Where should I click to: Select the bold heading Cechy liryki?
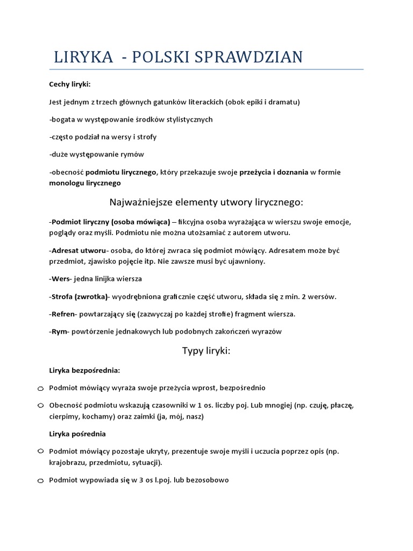pyautogui.click(x=70, y=84)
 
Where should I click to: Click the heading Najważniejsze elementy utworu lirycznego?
pyautogui.click(x=206, y=202)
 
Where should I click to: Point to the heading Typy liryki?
pyautogui.click(x=206, y=351)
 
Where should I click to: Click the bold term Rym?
pyautogui.click(x=60, y=331)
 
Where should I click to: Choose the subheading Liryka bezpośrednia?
pyautogui.click(x=84, y=370)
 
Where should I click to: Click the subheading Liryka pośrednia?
pyautogui.click(x=77, y=433)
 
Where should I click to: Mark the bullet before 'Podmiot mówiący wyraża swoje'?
pyautogui.click(x=41, y=388)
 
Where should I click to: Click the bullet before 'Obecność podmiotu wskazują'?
pyautogui.click(x=41, y=405)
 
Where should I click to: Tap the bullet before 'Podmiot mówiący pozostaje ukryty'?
pyautogui.click(x=41, y=451)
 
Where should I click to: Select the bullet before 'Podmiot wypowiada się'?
pyautogui.click(x=41, y=481)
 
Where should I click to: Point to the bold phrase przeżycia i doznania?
pyautogui.click(x=274, y=172)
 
